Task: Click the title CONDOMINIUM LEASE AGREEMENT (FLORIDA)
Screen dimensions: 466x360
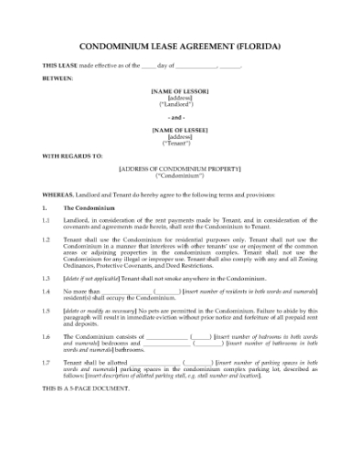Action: pyautogui.click(x=180, y=45)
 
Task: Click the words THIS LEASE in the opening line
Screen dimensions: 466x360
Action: pyautogui.click(x=57, y=66)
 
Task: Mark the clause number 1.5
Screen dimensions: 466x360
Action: pyautogui.click(x=46, y=311)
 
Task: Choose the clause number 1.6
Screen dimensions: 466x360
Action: pyautogui.click(x=46, y=336)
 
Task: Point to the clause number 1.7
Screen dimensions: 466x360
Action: pyautogui.click(x=46, y=362)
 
